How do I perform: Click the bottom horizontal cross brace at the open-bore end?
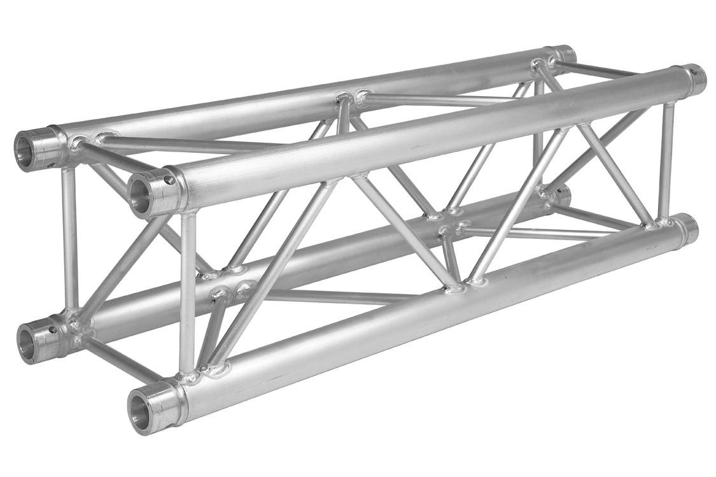115,360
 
